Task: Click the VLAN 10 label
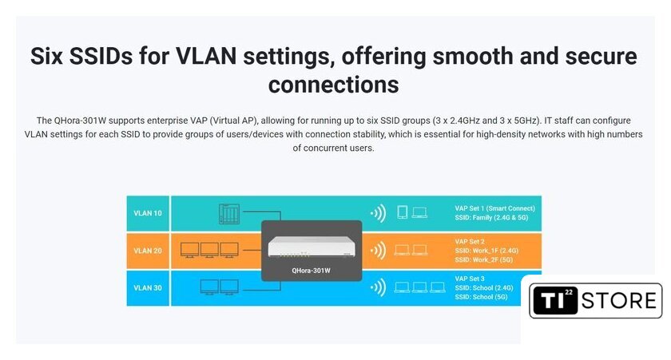148,213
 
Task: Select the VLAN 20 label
148,251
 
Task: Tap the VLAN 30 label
148,287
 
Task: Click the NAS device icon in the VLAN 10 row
229,214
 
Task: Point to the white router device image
312,247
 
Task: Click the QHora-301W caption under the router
311,271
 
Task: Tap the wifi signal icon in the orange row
379,251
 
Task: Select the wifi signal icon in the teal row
379,213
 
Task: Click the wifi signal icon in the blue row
379,287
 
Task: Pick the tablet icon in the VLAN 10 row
403,212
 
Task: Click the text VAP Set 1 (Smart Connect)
494,208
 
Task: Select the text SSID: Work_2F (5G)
483,259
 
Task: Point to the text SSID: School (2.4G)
483,287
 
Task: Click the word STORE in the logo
619,301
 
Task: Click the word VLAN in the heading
206,56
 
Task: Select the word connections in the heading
333,85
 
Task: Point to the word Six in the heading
46,56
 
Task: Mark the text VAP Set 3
470,279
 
